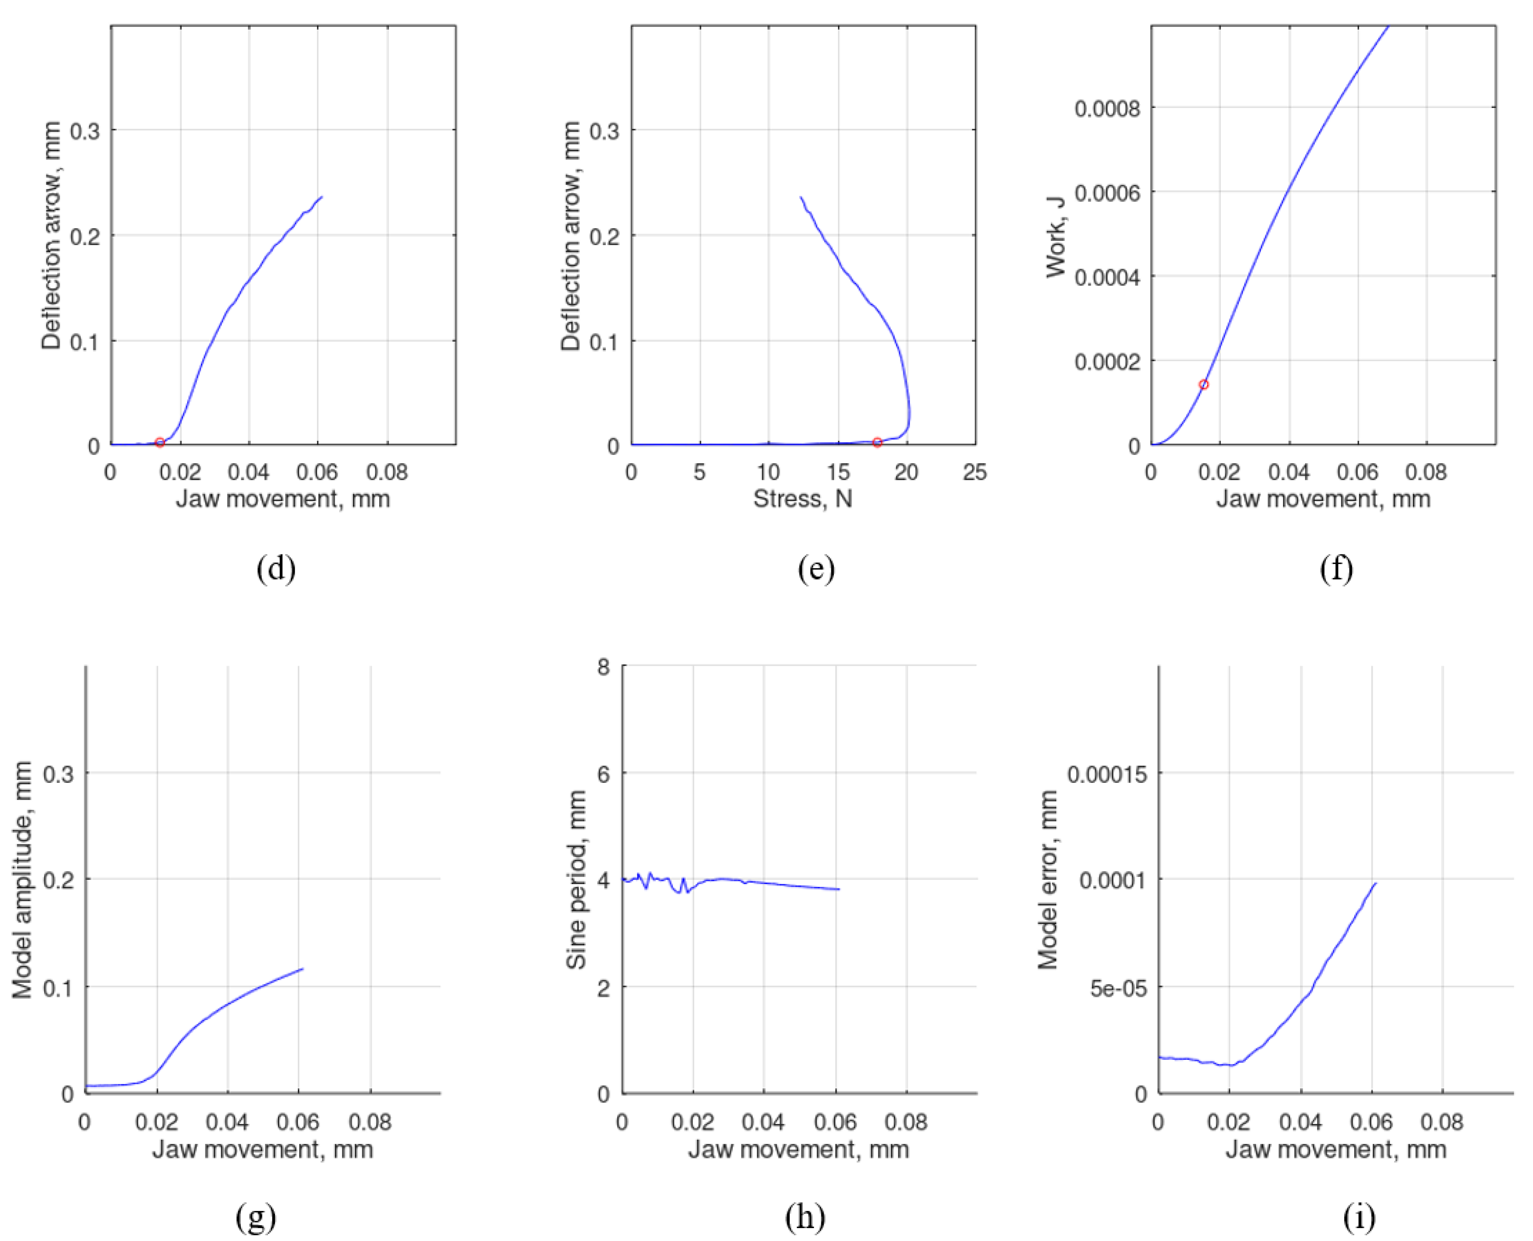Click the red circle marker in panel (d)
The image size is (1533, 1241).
point(160,442)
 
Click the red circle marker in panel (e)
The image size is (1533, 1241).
point(877,442)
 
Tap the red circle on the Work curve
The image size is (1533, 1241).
point(1203,385)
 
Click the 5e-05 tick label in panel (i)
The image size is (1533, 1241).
point(1118,989)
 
